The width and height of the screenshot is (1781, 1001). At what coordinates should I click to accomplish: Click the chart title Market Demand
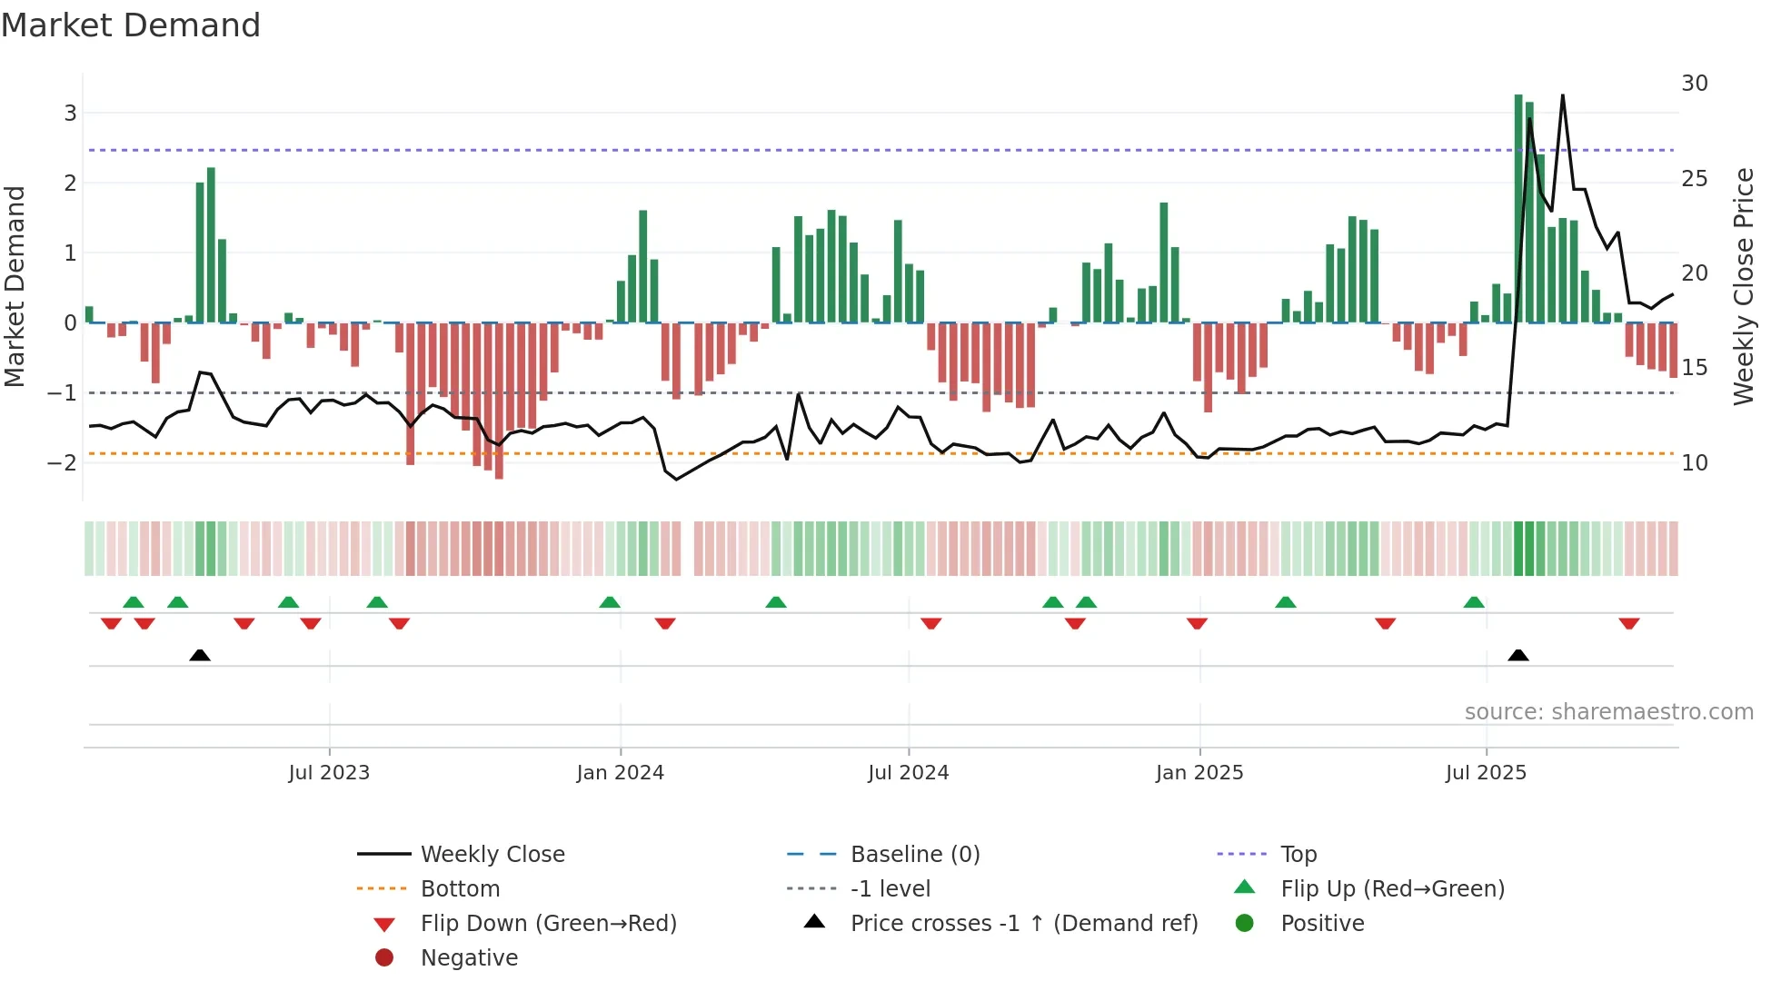point(131,25)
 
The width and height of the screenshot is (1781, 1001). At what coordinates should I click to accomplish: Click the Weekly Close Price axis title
point(1743,286)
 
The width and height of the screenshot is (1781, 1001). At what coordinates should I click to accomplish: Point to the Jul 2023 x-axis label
point(329,773)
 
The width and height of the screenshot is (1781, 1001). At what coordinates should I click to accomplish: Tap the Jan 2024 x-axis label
point(620,773)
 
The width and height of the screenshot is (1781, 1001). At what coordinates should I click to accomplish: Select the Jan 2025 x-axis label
point(1199,773)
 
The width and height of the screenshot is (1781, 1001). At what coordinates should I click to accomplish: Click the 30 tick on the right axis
point(1694,84)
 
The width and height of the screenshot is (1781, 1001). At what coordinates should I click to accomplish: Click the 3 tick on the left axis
point(70,113)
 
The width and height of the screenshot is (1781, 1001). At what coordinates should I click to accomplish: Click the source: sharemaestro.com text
point(1608,712)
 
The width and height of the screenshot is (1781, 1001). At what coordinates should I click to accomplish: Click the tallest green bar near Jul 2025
point(1518,209)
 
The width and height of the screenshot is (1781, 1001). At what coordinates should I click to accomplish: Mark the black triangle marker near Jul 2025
point(1518,655)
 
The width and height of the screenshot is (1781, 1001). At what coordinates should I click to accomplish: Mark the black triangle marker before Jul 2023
point(200,655)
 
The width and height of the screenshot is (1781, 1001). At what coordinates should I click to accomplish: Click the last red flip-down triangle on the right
point(1628,624)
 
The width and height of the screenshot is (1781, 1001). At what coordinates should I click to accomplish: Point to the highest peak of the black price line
point(1563,96)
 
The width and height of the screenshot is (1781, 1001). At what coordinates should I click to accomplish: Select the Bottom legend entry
point(460,889)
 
